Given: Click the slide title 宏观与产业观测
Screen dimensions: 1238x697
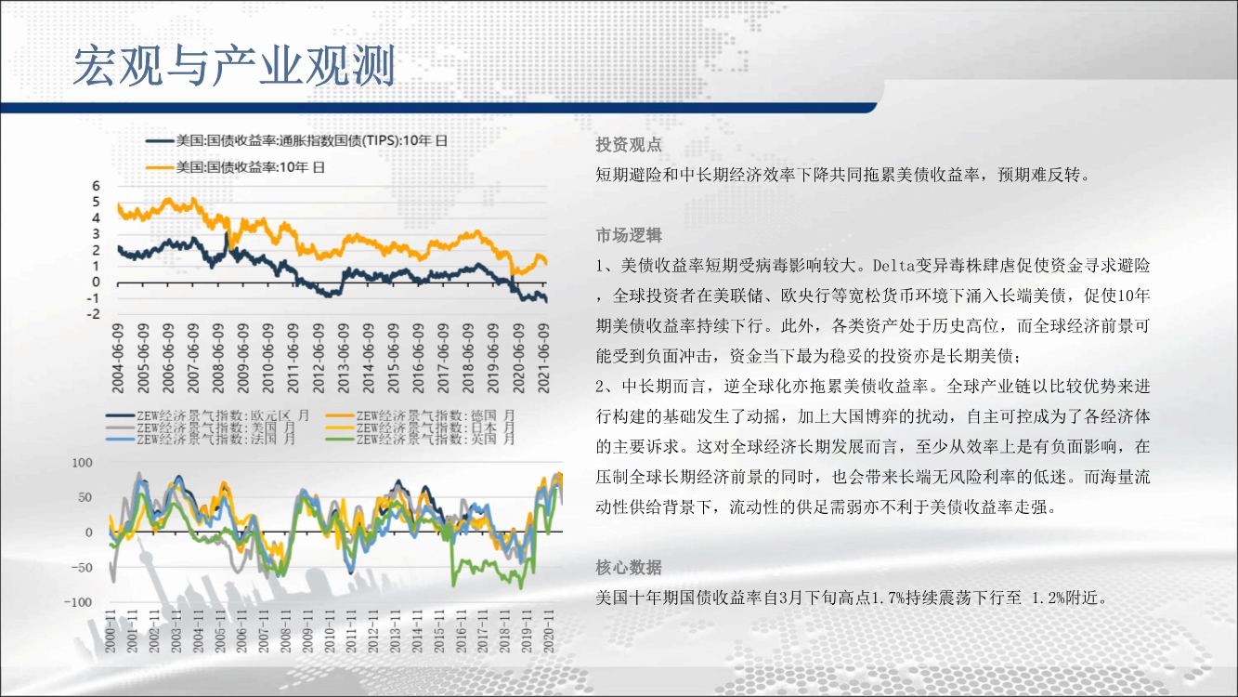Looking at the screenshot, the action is point(234,66).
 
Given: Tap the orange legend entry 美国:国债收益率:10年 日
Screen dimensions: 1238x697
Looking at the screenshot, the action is point(236,167).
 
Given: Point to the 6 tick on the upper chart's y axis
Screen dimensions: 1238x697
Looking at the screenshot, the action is point(97,186).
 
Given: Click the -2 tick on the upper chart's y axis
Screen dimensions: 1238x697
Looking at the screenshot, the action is point(94,314).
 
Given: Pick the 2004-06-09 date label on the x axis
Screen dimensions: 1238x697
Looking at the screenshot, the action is point(118,359).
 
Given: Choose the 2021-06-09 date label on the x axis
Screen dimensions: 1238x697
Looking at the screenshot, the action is point(544,359).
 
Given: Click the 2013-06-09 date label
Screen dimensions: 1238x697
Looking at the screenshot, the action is point(344,359).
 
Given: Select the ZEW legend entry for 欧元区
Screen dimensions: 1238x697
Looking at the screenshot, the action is point(208,415).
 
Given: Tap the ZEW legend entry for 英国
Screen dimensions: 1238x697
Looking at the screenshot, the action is point(421,440).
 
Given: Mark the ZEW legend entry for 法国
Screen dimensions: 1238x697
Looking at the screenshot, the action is point(202,440).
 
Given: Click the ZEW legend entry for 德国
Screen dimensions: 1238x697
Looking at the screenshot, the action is point(421,415).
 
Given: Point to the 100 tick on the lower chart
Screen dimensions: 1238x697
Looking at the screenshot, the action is point(83,463).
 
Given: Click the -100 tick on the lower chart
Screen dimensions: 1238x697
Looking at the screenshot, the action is point(78,602).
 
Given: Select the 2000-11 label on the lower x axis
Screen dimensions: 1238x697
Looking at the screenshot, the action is point(110,631).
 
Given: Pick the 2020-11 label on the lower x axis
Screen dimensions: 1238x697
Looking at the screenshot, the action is point(548,631).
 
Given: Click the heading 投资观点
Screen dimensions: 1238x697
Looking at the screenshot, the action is point(629,145).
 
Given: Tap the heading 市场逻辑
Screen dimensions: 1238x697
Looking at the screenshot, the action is point(629,236).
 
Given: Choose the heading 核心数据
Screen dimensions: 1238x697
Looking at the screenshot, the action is point(629,568).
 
